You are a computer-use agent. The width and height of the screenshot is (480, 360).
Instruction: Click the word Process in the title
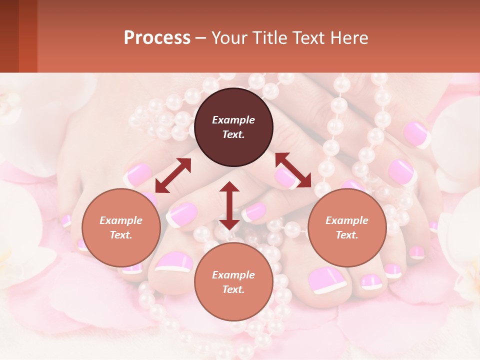157,38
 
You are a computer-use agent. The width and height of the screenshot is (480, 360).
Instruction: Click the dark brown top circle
233,127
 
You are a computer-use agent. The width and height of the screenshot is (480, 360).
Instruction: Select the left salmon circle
121,227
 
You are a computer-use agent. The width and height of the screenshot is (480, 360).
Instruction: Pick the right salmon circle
347,227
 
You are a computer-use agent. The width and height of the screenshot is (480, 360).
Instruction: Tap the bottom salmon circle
233,282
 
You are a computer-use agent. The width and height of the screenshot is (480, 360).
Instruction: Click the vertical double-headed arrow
229,205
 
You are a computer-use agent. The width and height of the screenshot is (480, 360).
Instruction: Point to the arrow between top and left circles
173,175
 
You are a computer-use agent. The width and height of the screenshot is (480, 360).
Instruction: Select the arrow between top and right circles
293,169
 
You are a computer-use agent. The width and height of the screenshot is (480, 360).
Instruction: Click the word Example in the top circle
233,120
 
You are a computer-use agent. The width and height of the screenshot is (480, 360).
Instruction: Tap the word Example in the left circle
121,220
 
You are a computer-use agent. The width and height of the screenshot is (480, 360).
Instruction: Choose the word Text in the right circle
347,235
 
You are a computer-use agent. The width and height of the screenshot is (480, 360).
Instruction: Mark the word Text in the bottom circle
233,289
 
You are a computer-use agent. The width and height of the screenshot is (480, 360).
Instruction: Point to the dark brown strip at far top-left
9,36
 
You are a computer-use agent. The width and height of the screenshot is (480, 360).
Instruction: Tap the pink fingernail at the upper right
416,133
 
